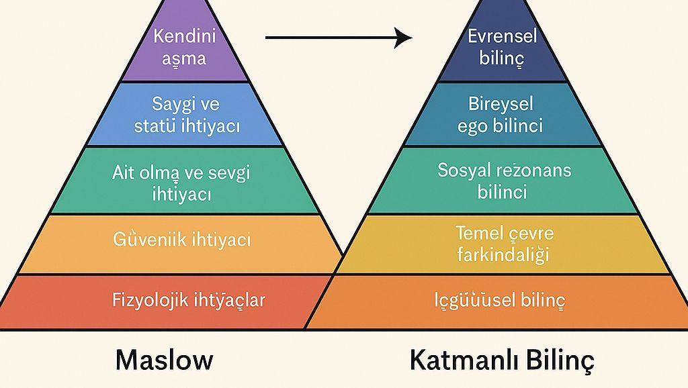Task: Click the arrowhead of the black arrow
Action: click(x=403, y=38)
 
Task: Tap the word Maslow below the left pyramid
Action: click(x=164, y=360)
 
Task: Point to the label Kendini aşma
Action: click(x=179, y=46)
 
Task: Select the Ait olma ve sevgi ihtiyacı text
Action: click(x=181, y=183)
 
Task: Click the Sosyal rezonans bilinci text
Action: click(x=505, y=181)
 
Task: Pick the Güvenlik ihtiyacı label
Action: click(x=182, y=240)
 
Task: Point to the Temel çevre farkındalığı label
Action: click(x=503, y=244)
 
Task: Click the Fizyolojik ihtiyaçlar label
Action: click(x=188, y=299)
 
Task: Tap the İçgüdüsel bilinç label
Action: click(x=500, y=300)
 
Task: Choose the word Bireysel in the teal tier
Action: click(x=501, y=104)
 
